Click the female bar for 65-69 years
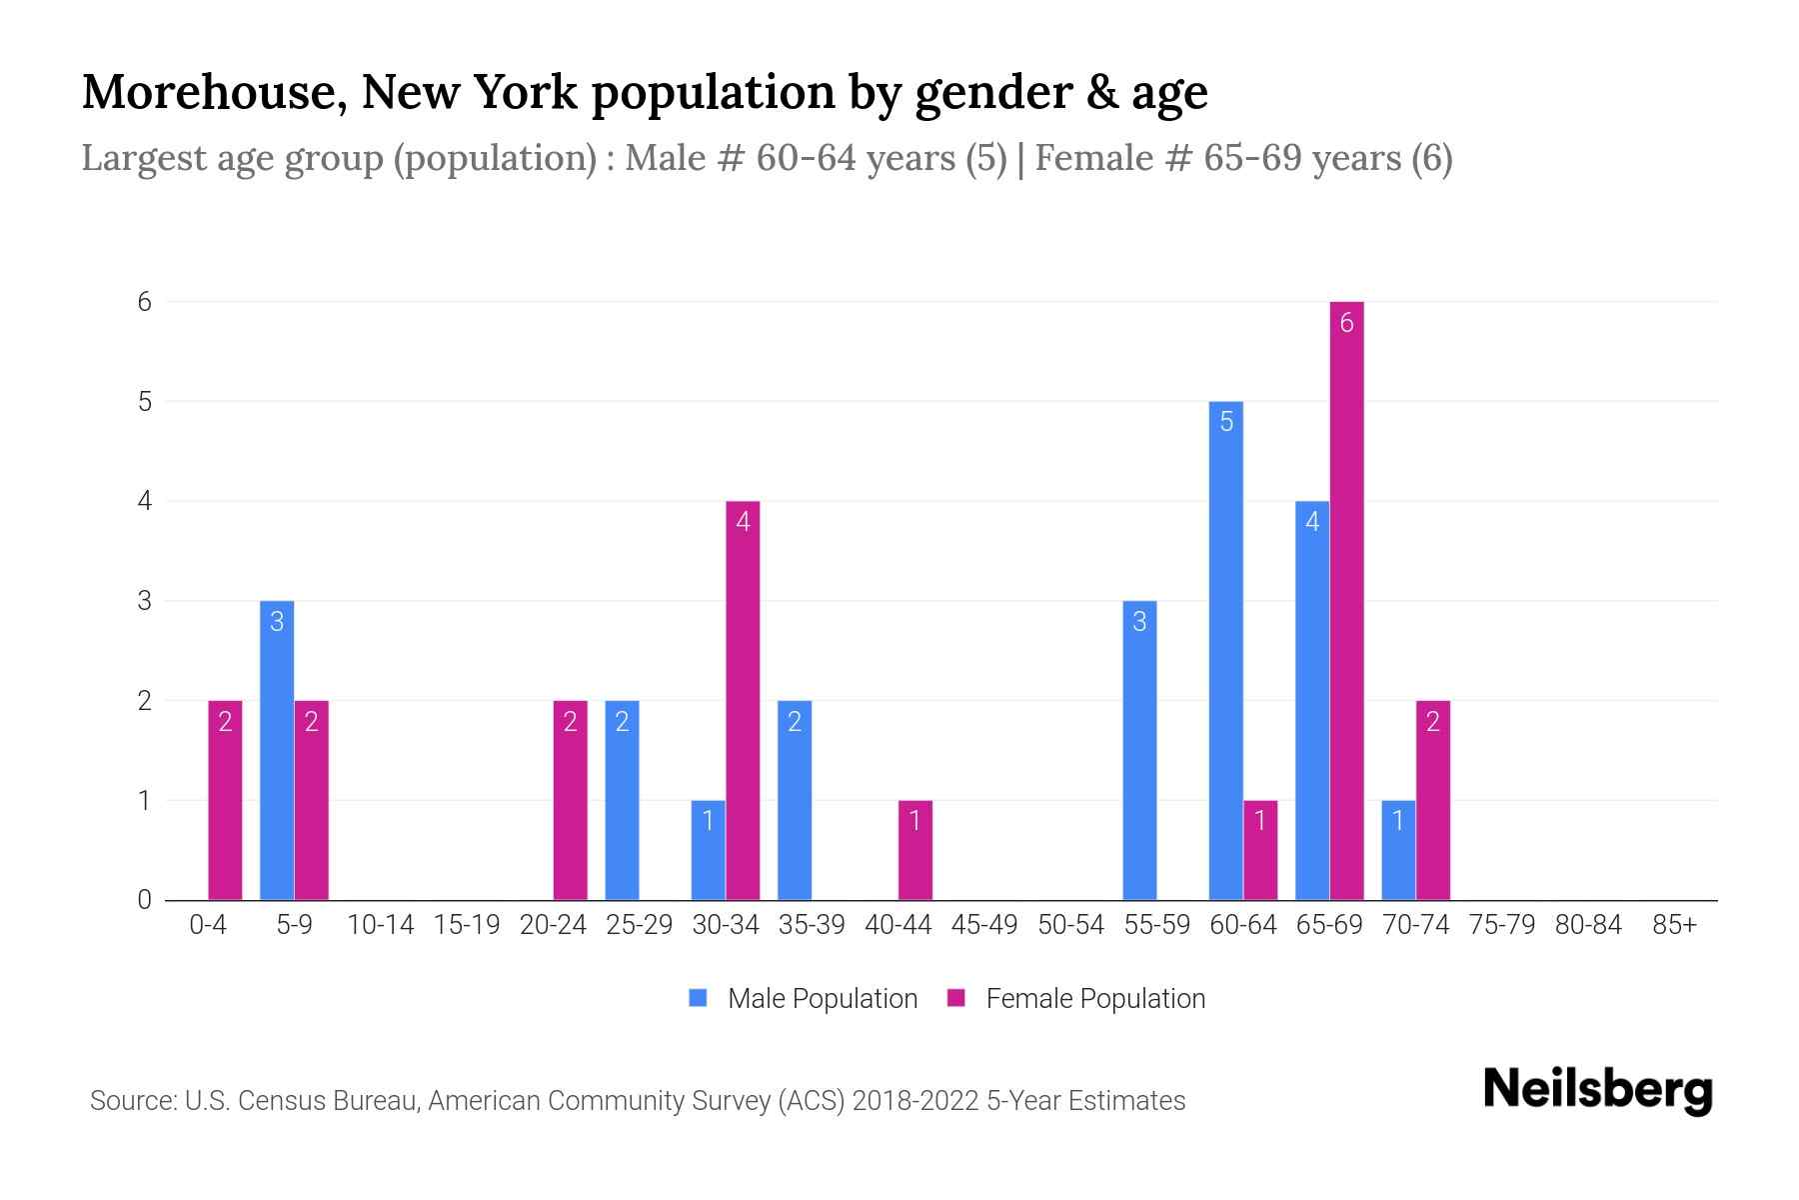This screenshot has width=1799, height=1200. click(1346, 600)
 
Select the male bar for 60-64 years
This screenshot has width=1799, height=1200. click(1226, 650)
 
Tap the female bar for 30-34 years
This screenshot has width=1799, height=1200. click(743, 700)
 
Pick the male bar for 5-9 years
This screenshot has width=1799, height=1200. click(277, 750)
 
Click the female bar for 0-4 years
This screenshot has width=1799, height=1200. click(225, 800)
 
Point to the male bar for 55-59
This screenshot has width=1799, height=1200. click(1139, 750)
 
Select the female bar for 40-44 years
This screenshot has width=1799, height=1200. click(914, 850)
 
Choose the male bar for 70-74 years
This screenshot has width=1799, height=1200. click(1398, 850)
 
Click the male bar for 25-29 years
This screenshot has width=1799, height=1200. click(622, 800)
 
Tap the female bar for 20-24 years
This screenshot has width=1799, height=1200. click(570, 800)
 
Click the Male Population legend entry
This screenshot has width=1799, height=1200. click(804, 999)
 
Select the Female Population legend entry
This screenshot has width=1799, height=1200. click(1076, 999)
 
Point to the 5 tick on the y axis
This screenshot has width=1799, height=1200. click(145, 402)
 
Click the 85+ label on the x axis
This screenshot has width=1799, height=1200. click(1674, 925)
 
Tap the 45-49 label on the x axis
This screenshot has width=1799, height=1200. click(984, 925)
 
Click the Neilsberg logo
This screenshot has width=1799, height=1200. click(1597, 1090)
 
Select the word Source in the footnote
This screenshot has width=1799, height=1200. click(131, 1101)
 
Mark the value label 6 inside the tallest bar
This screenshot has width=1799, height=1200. click(1346, 322)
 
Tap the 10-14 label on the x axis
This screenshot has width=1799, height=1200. click(380, 925)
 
